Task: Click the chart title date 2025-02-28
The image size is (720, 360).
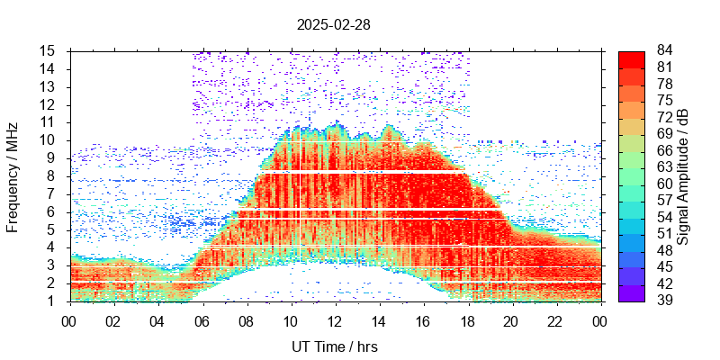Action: coord(333,24)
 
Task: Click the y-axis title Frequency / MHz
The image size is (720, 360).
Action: coord(13,175)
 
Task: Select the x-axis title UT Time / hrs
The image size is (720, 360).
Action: coord(334,346)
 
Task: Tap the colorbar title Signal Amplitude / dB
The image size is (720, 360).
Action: coord(683,175)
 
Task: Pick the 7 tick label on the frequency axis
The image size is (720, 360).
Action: coord(54,193)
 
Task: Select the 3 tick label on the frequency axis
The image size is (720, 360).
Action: coord(54,265)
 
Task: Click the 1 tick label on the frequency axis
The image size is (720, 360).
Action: coord(54,301)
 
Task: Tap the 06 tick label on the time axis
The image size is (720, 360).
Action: coord(202,319)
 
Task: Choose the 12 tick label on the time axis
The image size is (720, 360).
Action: coord(334,319)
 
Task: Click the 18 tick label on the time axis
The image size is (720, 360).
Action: coord(467,319)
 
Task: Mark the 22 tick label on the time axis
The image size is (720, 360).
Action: coord(555,319)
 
